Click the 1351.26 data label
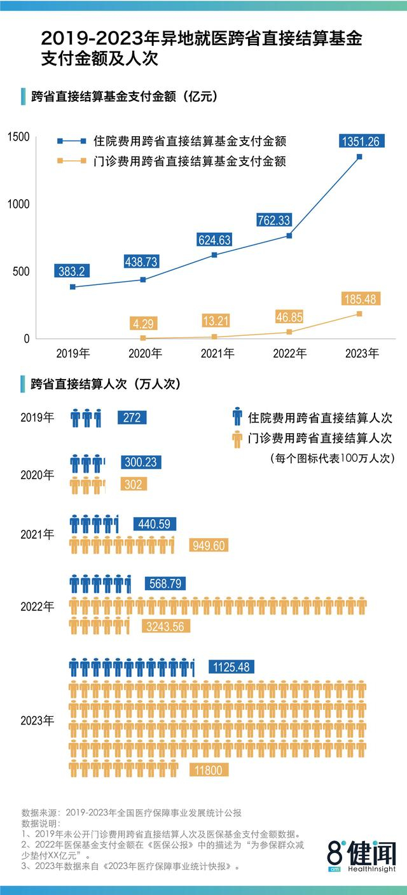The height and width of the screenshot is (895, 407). point(360,141)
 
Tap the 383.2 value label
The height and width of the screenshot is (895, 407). point(72,270)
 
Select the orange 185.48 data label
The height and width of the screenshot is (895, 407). point(360,298)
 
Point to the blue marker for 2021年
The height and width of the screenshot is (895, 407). point(214,255)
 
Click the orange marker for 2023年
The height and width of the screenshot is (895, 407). point(359,314)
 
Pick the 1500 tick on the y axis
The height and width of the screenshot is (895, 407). point(18,137)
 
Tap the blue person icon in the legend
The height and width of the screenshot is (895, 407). point(237,417)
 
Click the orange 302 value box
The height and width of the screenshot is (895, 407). point(132,484)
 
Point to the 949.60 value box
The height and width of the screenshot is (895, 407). point(208,546)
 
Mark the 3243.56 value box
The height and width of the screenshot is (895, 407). point(164,627)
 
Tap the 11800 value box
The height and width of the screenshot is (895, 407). point(208,770)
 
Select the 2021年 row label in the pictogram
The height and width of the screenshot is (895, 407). point(38,534)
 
